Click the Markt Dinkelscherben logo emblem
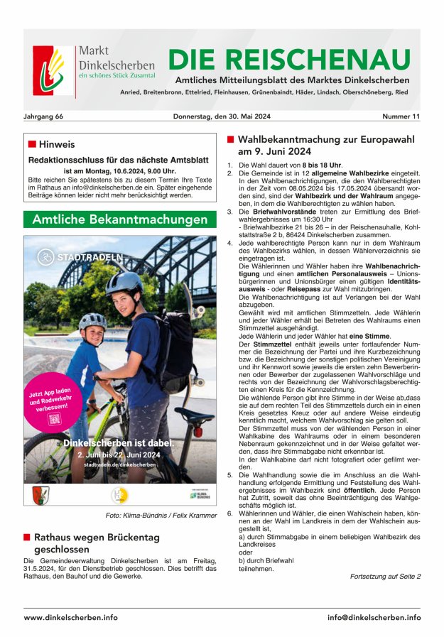pyautogui.click(x=53, y=71)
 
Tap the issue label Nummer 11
pyautogui.click(x=401, y=116)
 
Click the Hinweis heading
pyautogui.click(x=56, y=144)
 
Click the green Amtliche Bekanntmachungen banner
pyautogui.click(x=119, y=219)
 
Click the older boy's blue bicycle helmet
pyautogui.click(x=124, y=283)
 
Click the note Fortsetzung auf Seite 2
pyautogui.click(x=385, y=576)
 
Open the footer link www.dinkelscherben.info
pyautogui.click(x=70, y=617)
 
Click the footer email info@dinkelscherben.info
pyautogui.click(x=374, y=617)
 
